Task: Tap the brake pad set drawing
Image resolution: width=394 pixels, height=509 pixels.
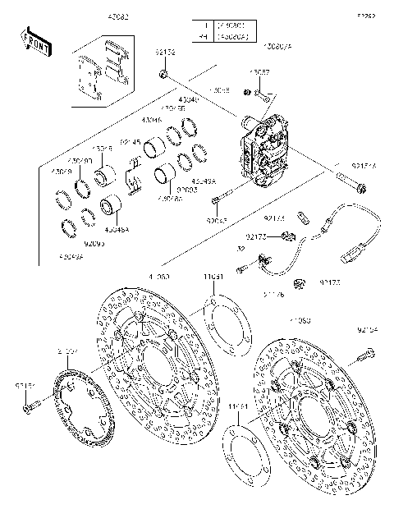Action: (x=103, y=73)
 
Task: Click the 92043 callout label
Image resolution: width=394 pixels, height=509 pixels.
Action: (x=215, y=220)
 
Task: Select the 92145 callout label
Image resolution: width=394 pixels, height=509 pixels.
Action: (x=131, y=142)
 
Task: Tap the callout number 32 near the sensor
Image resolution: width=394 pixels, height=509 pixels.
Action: (x=241, y=248)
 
